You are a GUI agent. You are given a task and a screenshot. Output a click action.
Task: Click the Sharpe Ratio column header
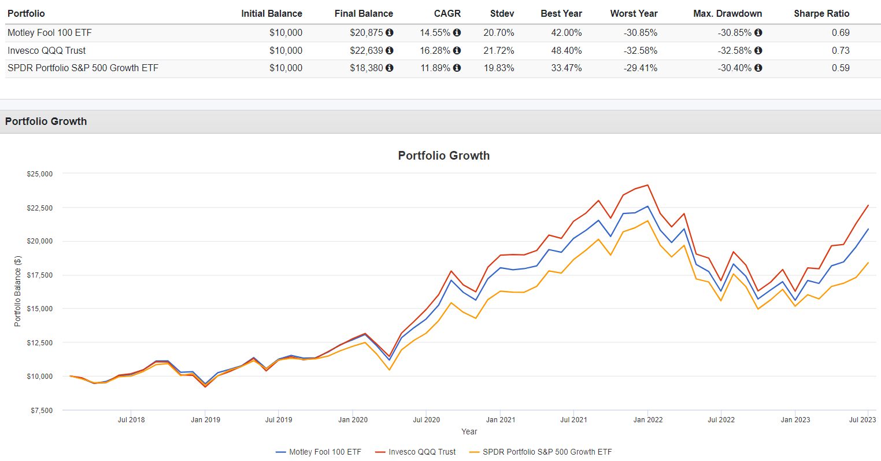[x=821, y=13]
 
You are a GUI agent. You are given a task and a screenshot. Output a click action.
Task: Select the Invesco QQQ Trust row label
[x=47, y=50]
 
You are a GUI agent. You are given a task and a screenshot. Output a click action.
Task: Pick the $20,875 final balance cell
[x=366, y=33]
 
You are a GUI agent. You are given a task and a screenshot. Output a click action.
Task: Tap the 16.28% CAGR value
[x=435, y=50]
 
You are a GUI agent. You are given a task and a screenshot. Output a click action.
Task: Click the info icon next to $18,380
[x=390, y=68]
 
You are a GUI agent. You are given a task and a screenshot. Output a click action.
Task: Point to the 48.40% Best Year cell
[x=566, y=50]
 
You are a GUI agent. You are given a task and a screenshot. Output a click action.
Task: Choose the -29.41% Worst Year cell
[x=640, y=68]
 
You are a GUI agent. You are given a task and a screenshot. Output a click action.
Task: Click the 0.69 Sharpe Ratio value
[x=841, y=33]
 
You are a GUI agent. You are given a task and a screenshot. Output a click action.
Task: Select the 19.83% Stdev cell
[x=498, y=68]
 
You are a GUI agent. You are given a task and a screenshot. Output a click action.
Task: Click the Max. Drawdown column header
[x=727, y=13]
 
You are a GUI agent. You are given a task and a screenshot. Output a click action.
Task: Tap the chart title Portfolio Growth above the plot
[x=443, y=156]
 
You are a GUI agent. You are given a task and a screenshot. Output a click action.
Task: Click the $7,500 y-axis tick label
[x=41, y=410]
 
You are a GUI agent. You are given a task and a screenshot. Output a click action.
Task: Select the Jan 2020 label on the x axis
[x=353, y=420]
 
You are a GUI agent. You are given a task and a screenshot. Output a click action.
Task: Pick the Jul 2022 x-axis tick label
[x=721, y=420]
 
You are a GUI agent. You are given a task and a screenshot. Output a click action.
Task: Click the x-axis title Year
[x=469, y=432]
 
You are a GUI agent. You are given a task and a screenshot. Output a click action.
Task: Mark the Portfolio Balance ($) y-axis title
[x=17, y=292]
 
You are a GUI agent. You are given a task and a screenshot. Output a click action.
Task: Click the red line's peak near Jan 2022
[x=647, y=185]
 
